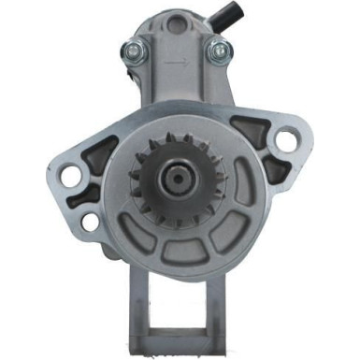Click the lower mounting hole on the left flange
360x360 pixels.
90,222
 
